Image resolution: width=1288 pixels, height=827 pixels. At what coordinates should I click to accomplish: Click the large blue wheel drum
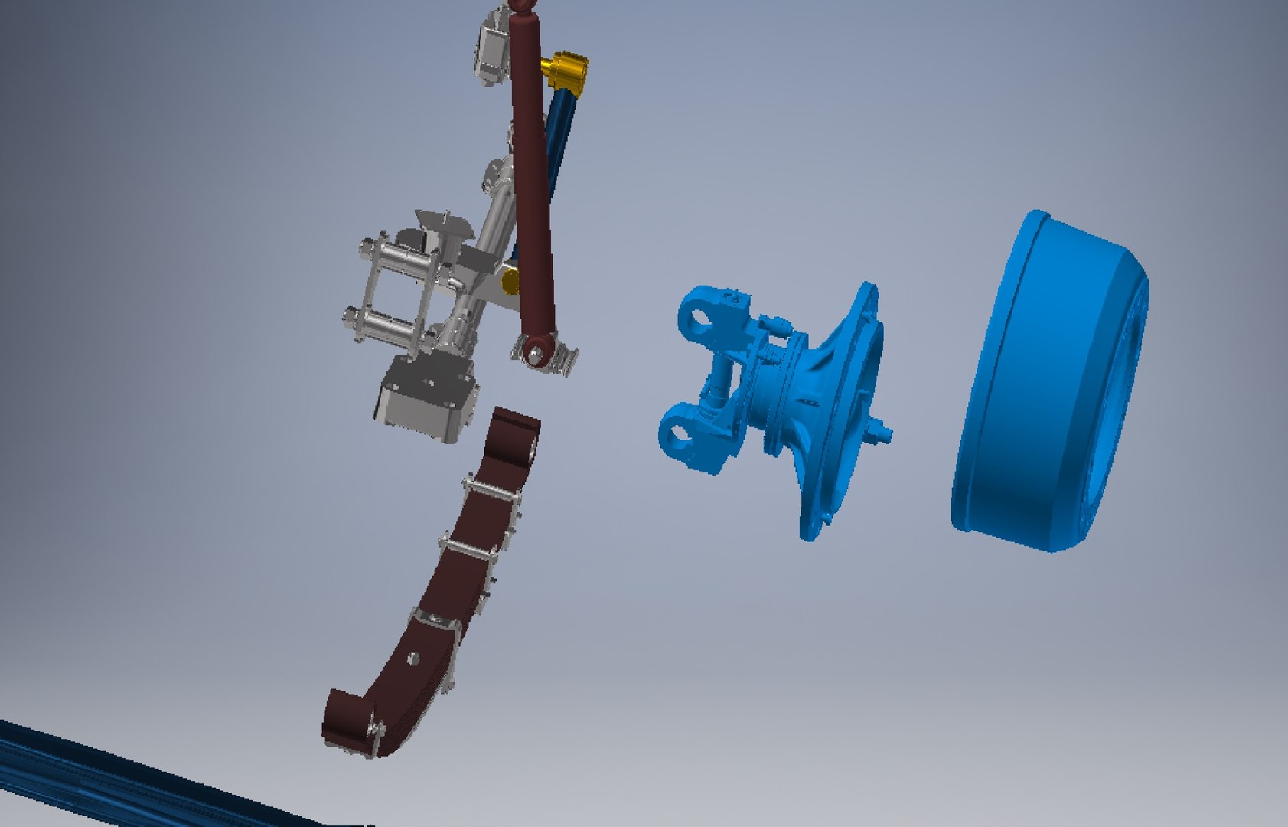(x=1048, y=383)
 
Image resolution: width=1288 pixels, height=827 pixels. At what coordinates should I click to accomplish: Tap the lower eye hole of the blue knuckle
(x=678, y=434)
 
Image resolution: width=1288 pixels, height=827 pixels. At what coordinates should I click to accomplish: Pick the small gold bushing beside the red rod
(x=510, y=282)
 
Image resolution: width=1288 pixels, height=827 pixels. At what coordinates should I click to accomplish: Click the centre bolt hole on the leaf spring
(x=413, y=657)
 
